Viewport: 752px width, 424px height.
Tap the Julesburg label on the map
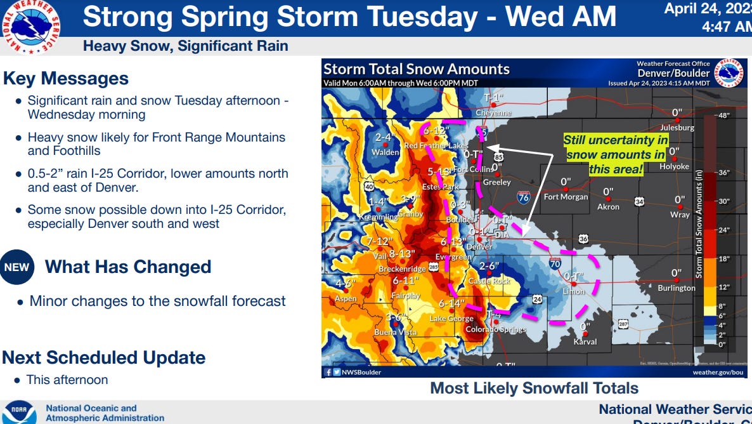[677, 128]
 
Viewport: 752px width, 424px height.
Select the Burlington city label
[677, 288]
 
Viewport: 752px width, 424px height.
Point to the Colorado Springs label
[496, 329]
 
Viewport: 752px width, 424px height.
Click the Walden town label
[386, 152]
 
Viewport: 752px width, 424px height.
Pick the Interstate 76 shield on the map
[524, 197]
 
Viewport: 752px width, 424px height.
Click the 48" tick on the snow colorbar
[723, 116]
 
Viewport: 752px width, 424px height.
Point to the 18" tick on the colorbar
[723, 259]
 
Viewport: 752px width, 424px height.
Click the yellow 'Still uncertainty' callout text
[616, 154]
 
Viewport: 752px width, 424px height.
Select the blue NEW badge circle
[17, 267]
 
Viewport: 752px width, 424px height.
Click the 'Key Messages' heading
[66, 79]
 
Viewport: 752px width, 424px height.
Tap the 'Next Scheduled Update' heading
[104, 357]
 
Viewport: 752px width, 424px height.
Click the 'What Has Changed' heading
[128, 267]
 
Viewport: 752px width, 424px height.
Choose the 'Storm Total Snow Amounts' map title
[417, 69]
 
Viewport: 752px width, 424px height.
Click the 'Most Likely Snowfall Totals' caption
[535, 388]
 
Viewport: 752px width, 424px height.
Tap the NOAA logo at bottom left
[18, 412]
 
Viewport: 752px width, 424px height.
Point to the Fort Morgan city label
[566, 197]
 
